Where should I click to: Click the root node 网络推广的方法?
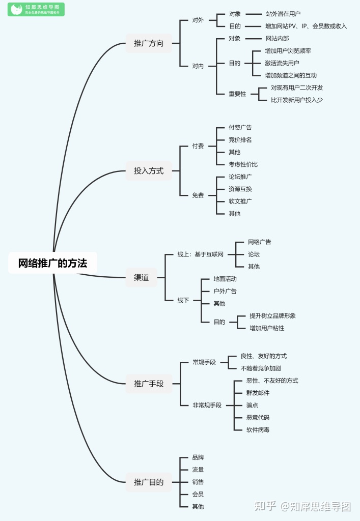coord(52,263)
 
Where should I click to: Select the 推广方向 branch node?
coord(149,43)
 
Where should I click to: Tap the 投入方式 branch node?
coord(149,171)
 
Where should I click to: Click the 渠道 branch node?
coord(142,277)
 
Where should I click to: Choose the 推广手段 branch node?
coord(149,384)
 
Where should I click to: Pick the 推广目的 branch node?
coord(149,482)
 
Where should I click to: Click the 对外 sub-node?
coord(198,20)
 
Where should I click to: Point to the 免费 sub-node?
coord(198,195)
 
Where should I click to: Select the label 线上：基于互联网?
coord(200,254)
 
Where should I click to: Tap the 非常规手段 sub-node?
coord(207,405)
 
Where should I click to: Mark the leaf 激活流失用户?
coord(282,63)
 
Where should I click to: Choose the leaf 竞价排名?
coord(240,140)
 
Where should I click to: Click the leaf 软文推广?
coord(240,201)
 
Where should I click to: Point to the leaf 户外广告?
coord(225,291)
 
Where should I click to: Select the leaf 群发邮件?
coord(258,393)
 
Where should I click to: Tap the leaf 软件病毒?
coord(258,430)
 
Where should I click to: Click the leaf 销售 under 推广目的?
coord(198,482)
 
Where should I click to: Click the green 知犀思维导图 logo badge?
coord(36,9)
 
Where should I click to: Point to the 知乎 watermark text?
coord(265,506)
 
